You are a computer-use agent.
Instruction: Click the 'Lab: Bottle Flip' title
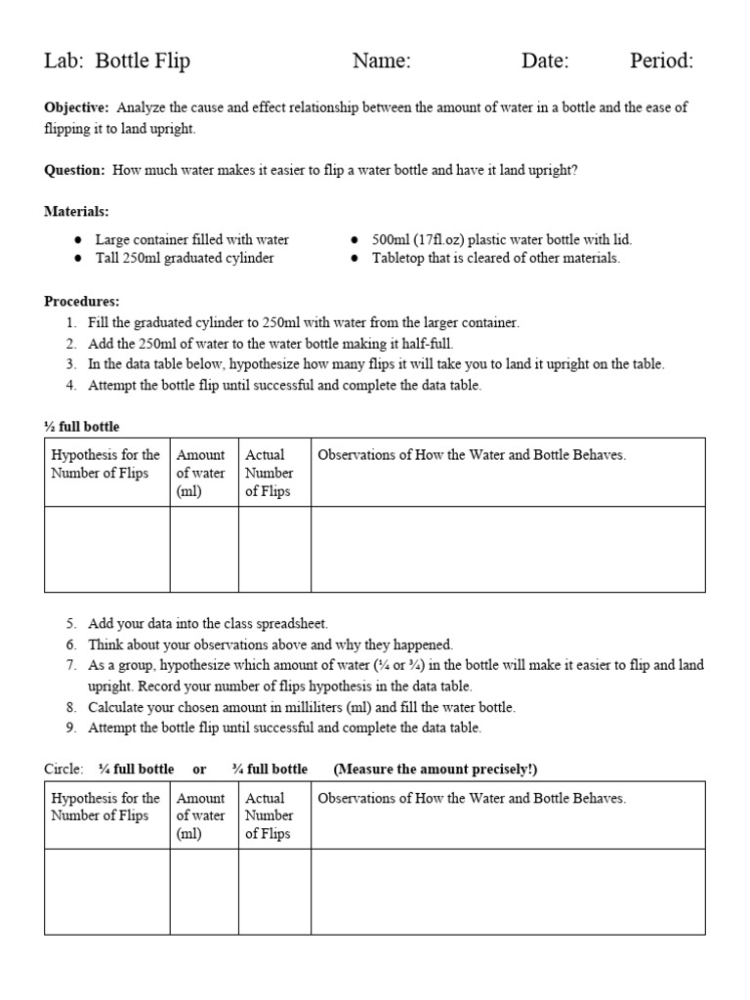117,62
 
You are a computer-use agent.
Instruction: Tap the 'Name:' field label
381,62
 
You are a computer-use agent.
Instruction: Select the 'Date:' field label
545,62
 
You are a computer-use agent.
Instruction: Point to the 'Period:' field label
661,62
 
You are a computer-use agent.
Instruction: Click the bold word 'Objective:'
76,107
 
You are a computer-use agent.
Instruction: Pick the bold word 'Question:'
74,170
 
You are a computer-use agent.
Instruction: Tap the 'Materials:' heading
76,211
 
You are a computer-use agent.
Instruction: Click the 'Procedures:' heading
82,302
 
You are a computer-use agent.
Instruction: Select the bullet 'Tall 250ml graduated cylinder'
184,258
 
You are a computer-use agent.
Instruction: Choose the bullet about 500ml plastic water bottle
502,239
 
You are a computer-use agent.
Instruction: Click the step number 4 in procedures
71,385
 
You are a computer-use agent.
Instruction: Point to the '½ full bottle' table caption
82,427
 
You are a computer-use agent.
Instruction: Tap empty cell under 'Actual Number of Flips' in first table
274,549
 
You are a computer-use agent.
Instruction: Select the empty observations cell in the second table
508,891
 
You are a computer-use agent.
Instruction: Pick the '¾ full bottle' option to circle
270,769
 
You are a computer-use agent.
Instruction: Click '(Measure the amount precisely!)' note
436,769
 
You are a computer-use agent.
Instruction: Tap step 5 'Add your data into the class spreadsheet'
207,623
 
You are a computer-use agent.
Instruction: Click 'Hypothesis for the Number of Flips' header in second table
105,807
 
